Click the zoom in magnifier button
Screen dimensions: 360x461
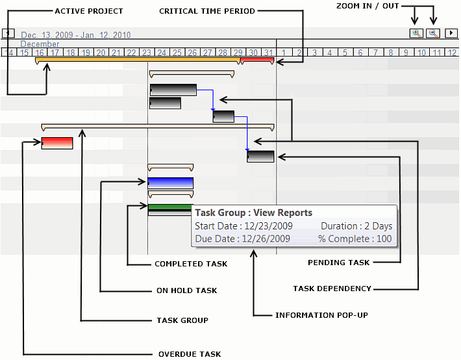coord(416,33)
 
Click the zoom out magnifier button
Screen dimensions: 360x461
coord(432,33)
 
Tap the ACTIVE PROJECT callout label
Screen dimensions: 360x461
coord(89,11)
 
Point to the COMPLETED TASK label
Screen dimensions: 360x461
coord(191,264)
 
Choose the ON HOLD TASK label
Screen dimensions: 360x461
coord(186,290)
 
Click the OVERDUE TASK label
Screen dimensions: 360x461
coord(190,354)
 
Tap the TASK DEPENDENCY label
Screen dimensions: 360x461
coord(332,289)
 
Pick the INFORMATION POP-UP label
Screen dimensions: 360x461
coord(321,315)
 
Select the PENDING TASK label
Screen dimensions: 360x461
coord(338,263)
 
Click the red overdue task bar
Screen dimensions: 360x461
coord(57,143)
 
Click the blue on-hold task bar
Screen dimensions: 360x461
coord(171,183)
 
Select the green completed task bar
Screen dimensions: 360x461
coord(170,208)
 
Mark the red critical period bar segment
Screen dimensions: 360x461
coord(257,60)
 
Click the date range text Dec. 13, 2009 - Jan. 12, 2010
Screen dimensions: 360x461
coord(76,35)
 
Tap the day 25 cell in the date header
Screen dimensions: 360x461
coord(177,52)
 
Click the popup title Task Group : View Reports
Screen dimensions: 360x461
coord(254,212)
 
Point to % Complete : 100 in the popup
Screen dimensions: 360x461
coord(355,238)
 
